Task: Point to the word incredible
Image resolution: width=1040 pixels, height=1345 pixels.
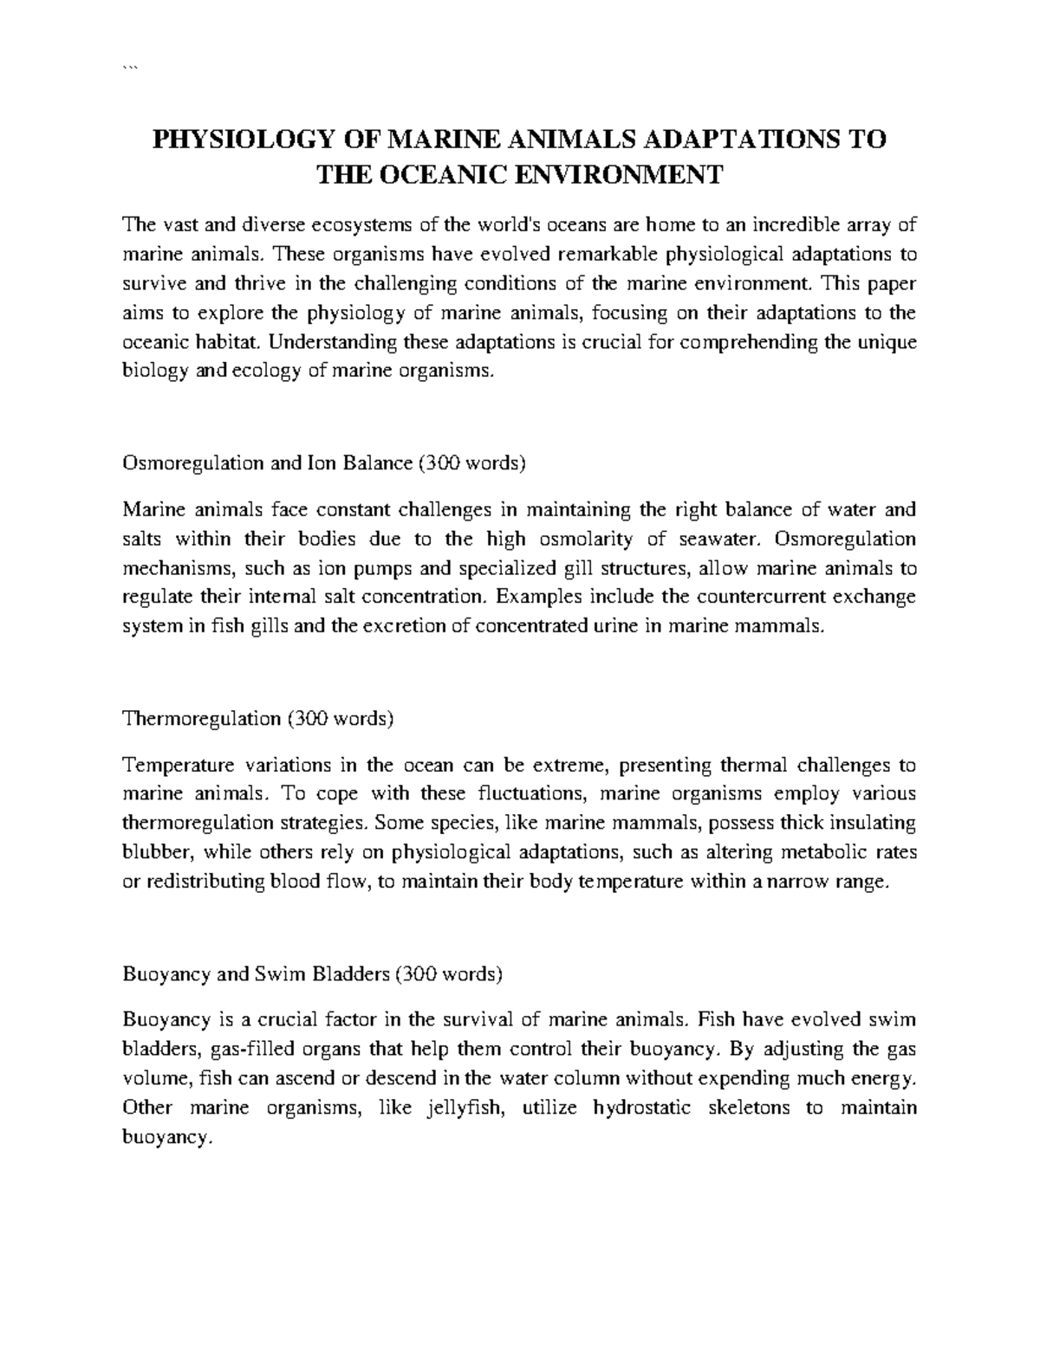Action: tap(796, 226)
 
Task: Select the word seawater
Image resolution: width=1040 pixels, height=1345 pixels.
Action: tap(720, 539)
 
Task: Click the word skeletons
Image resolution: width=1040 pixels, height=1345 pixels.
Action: tap(747, 1109)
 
